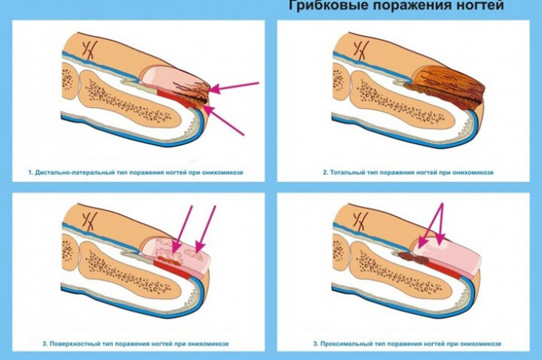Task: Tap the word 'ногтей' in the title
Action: click(478, 7)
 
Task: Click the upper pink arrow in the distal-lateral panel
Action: click(235, 87)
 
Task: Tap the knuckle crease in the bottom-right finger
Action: click(361, 219)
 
